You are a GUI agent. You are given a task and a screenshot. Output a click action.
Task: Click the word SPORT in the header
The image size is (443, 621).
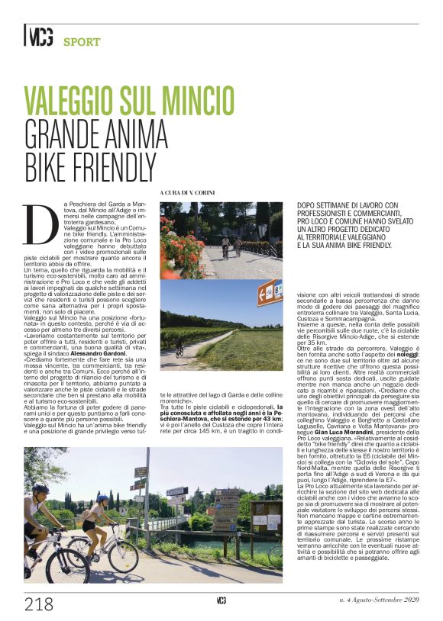tap(82, 41)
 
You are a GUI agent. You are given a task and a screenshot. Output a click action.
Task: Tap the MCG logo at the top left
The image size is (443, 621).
tap(37, 37)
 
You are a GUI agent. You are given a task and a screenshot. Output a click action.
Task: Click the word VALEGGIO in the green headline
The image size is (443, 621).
tap(72, 101)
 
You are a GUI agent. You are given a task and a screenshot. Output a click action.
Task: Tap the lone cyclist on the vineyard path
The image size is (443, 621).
tap(179, 352)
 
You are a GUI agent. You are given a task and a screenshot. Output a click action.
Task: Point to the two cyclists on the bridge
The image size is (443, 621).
tap(230, 245)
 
